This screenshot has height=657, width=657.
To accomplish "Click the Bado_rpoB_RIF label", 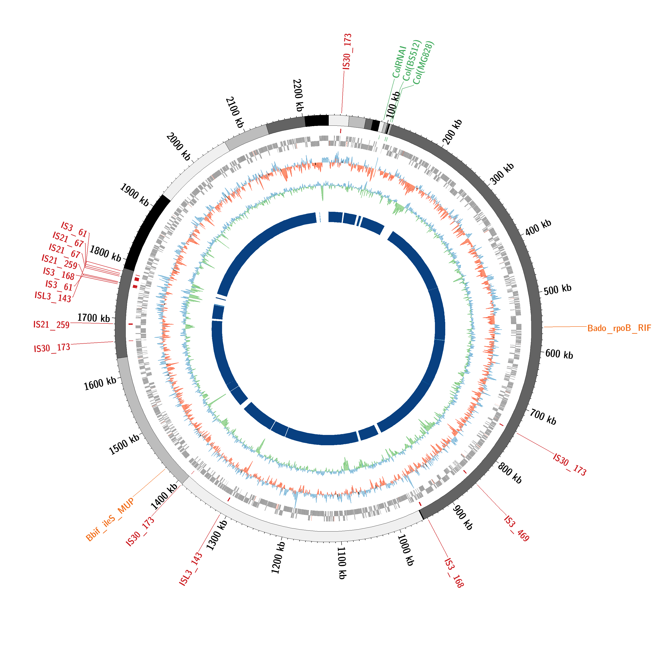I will coord(619,328).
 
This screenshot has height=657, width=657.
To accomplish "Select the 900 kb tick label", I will coord(463,517).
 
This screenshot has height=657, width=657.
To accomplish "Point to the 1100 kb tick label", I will coord(342,563).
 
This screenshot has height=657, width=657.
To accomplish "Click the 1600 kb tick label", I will coord(100,384).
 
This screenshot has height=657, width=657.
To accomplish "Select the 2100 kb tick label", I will coord(235,112).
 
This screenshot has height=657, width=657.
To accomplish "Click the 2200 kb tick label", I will coord(298,95).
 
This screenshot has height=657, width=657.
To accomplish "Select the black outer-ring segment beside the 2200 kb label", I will coord(316,121).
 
